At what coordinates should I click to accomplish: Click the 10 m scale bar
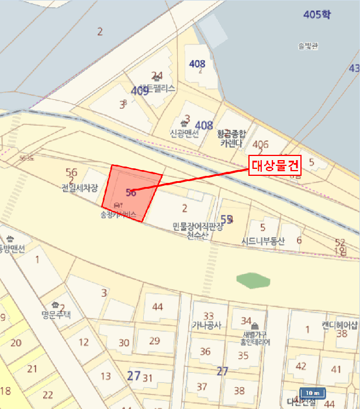pos(311,393)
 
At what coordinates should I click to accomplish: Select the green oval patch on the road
pos(254,280)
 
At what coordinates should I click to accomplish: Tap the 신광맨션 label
pos(185,133)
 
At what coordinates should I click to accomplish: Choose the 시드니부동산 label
pos(263,241)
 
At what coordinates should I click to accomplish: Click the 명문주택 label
pos(56,314)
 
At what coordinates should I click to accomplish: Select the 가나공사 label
pos(206,326)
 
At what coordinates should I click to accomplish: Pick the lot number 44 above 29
pos(157,307)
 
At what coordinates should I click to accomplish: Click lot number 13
pos(106,376)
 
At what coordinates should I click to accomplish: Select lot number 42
pos(301,366)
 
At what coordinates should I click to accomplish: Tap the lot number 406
pos(261,144)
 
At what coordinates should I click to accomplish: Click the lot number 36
pos(205,351)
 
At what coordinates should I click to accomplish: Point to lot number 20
pos(16,343)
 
